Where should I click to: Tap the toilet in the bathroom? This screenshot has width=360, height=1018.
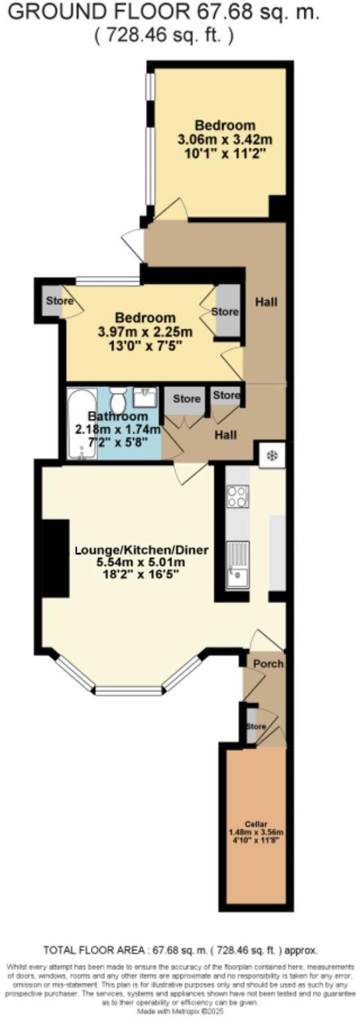[x=119, y=400]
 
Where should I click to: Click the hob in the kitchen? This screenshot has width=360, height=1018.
[x=237, y=496]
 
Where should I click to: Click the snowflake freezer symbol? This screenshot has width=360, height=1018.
[x=272, y=455]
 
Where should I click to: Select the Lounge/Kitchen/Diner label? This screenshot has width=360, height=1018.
[x=142, y=550]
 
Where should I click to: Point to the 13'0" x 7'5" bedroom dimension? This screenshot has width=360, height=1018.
[x=145, y=345]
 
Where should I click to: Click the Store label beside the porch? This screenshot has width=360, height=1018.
[x=256, y=726]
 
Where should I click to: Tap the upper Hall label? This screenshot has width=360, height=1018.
[x=266, y=302]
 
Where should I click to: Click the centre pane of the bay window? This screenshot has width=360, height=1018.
[x=129, y=691]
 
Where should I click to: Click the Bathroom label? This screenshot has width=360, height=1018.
[x=118, y=416]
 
